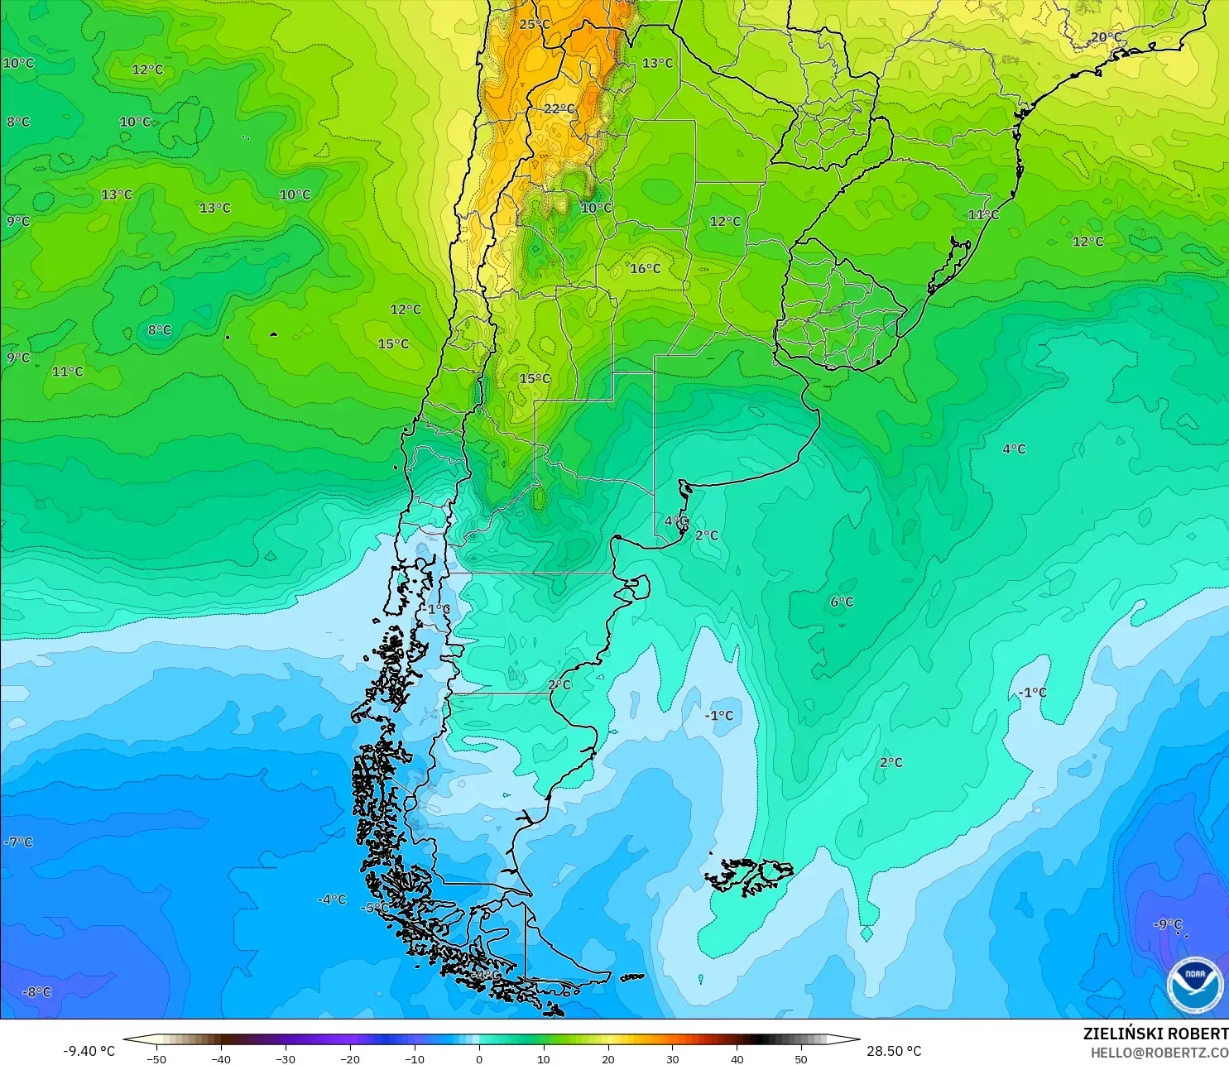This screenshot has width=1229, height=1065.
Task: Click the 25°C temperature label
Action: (535, 25)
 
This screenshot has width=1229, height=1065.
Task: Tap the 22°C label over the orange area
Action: (559, 108)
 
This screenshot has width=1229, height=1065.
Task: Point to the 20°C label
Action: (1106, 37)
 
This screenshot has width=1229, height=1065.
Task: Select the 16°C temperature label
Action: (646, 268)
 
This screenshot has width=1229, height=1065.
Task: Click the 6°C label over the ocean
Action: (842, 602)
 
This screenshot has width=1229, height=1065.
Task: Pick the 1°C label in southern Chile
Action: (439, 609)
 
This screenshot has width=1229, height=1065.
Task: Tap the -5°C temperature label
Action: (375, 908)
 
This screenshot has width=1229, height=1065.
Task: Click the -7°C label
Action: (19, 842)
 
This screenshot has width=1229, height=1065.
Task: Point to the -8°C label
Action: (36, 992)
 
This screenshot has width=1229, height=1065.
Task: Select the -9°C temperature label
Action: (1168, 924)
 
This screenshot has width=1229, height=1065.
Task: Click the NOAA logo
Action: (1195, 986)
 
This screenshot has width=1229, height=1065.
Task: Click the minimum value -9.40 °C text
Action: (89, 1051)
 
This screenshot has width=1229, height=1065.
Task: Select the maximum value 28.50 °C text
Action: (894, 1051)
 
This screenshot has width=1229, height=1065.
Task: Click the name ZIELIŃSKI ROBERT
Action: (1155, 1034)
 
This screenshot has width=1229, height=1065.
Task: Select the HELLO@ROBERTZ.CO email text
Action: (1159, 1053)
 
